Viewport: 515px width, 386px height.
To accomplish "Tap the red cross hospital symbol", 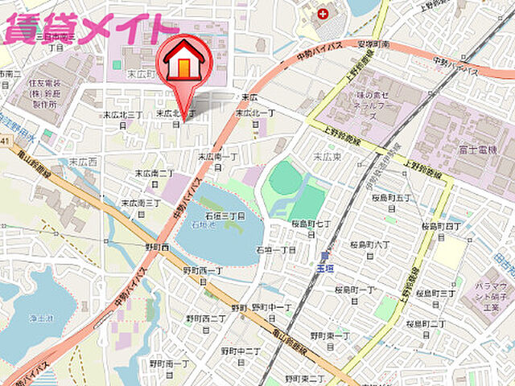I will [323, 14].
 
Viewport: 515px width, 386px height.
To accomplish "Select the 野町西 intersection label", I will [157, 248].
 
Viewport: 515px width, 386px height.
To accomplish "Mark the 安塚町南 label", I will [374, 44].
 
